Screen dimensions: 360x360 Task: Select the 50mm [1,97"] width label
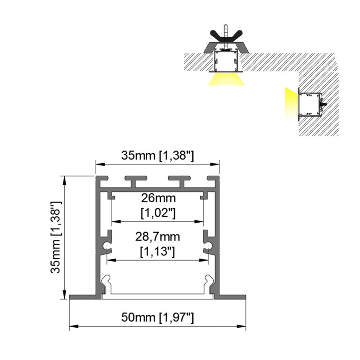[157, 318]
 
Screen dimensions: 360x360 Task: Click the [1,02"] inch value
[157, 213]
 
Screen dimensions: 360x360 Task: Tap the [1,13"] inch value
[157, 251]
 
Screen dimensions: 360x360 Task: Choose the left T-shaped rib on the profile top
[133, 180]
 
